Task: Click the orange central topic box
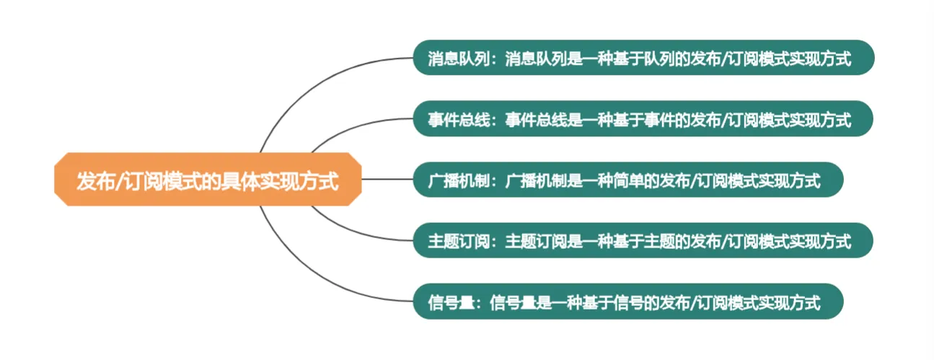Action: click(207, 180)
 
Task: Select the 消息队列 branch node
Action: click(643, 58)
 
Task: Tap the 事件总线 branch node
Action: click(643, 118)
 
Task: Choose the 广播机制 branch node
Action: click(627, 180)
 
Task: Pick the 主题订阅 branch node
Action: click(643, 241)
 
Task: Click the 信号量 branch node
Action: click(627, 302)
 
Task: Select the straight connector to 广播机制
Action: click(386, 180)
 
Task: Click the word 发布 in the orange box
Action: click(92, 180)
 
